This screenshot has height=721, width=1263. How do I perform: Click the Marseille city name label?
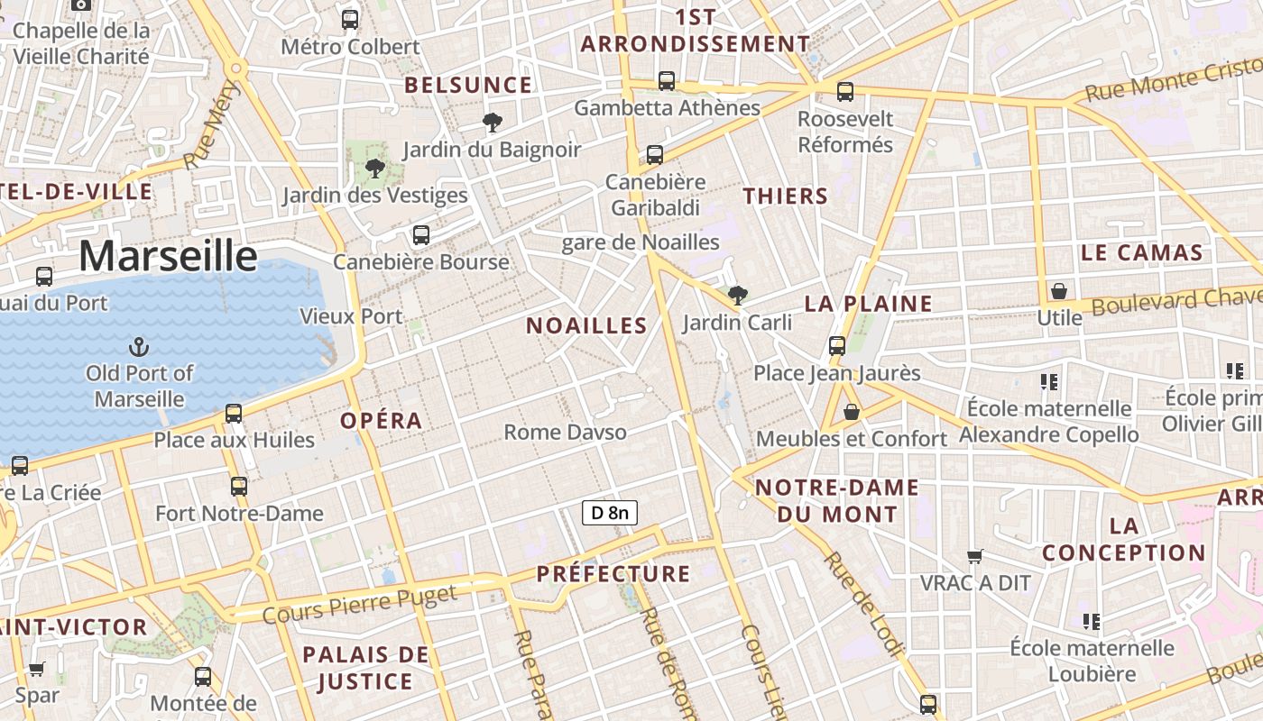pyautogui.click(x=168, y=256)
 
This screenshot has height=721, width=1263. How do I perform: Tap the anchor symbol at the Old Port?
pyautogui.click(x=139, y=347)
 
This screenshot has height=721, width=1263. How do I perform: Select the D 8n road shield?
pyautogui.click(x=610, y=514)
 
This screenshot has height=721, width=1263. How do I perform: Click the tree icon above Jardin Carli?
pyautogui.click(x=737, y=295)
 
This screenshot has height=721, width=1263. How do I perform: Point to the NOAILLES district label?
pyautogui.click(x=586, y=326)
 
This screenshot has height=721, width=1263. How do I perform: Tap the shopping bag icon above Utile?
pyautogui.click(x=1059, y=291)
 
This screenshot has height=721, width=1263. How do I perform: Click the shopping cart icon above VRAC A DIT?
pyautogui.click(x=974, y=556)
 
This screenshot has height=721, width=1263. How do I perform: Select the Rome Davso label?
pyautogui.click(x=565, y=433)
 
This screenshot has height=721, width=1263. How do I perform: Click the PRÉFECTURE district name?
pyautogui.click(x=613, y=574)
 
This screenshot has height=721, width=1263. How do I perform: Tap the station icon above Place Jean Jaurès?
pyautogui.click(x=837, y=345)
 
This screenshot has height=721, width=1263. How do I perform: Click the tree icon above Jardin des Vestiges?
pyautogui.click(x=374, y=168)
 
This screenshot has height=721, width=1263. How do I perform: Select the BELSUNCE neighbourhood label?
pyautogui.click(x=468, y=86)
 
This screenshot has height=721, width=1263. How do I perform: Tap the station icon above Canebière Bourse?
pyautogui.click(x=420, y=235)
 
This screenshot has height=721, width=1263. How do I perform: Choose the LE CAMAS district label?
pyautogui.click(x=1141, y=253)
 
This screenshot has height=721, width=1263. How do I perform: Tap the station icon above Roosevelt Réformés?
pyautogui.click(x=845, y=91)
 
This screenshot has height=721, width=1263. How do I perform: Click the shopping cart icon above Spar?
pyautogui.click(x=36, y=670)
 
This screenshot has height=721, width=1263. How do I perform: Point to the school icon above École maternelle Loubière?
pyautogui.click(x=1092, y=621)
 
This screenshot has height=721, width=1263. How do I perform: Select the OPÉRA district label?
pyautogui.click(x=381, y=421)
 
